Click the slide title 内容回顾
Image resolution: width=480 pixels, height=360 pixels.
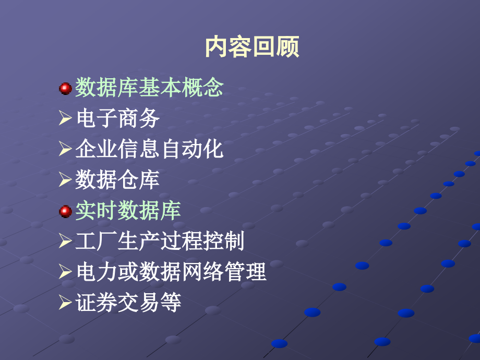[252, 46]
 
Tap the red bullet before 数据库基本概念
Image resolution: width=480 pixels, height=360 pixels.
[65, 88]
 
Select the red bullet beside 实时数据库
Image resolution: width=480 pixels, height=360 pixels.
[65, 211]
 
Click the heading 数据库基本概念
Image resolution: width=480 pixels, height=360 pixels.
[149, 88]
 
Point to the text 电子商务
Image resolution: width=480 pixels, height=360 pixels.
[117, 118]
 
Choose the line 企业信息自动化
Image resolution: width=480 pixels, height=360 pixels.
[149, 149]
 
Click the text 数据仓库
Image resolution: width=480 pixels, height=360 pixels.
[117, 180]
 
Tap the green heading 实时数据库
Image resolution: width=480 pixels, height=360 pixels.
[128, 211]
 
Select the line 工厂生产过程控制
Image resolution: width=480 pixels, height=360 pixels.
[160, 242]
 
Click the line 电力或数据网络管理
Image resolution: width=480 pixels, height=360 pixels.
[171, 272]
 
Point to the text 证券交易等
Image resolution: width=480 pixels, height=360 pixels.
[128, 303]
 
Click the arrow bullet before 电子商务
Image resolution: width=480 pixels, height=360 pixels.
[65, 119]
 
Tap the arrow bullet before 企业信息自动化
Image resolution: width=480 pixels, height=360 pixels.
[65, 150]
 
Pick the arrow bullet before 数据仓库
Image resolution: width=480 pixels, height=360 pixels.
[65, 181]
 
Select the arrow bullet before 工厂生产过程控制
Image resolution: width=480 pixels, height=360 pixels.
[65, 242]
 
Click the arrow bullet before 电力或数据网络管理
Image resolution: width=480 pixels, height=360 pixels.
[65, 273]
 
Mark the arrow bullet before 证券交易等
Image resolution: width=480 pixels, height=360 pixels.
[65, 304]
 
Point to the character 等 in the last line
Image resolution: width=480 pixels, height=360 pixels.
[171, 303]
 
